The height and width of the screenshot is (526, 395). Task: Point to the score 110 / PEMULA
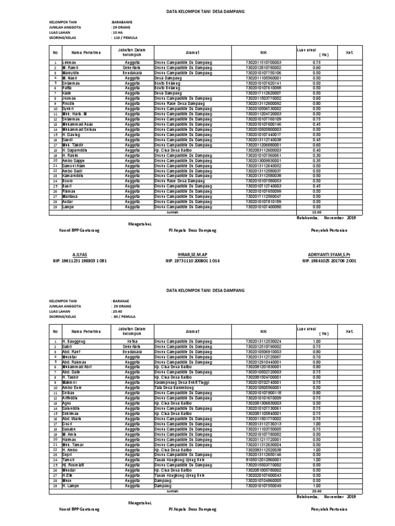pos(125,38)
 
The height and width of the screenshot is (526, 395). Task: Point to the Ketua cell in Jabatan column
pos(132,341)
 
